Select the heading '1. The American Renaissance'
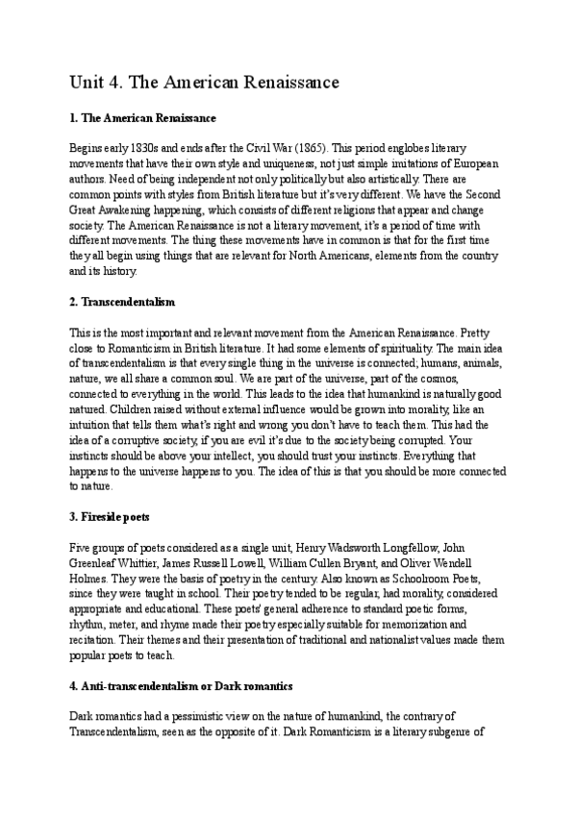[142, 118]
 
